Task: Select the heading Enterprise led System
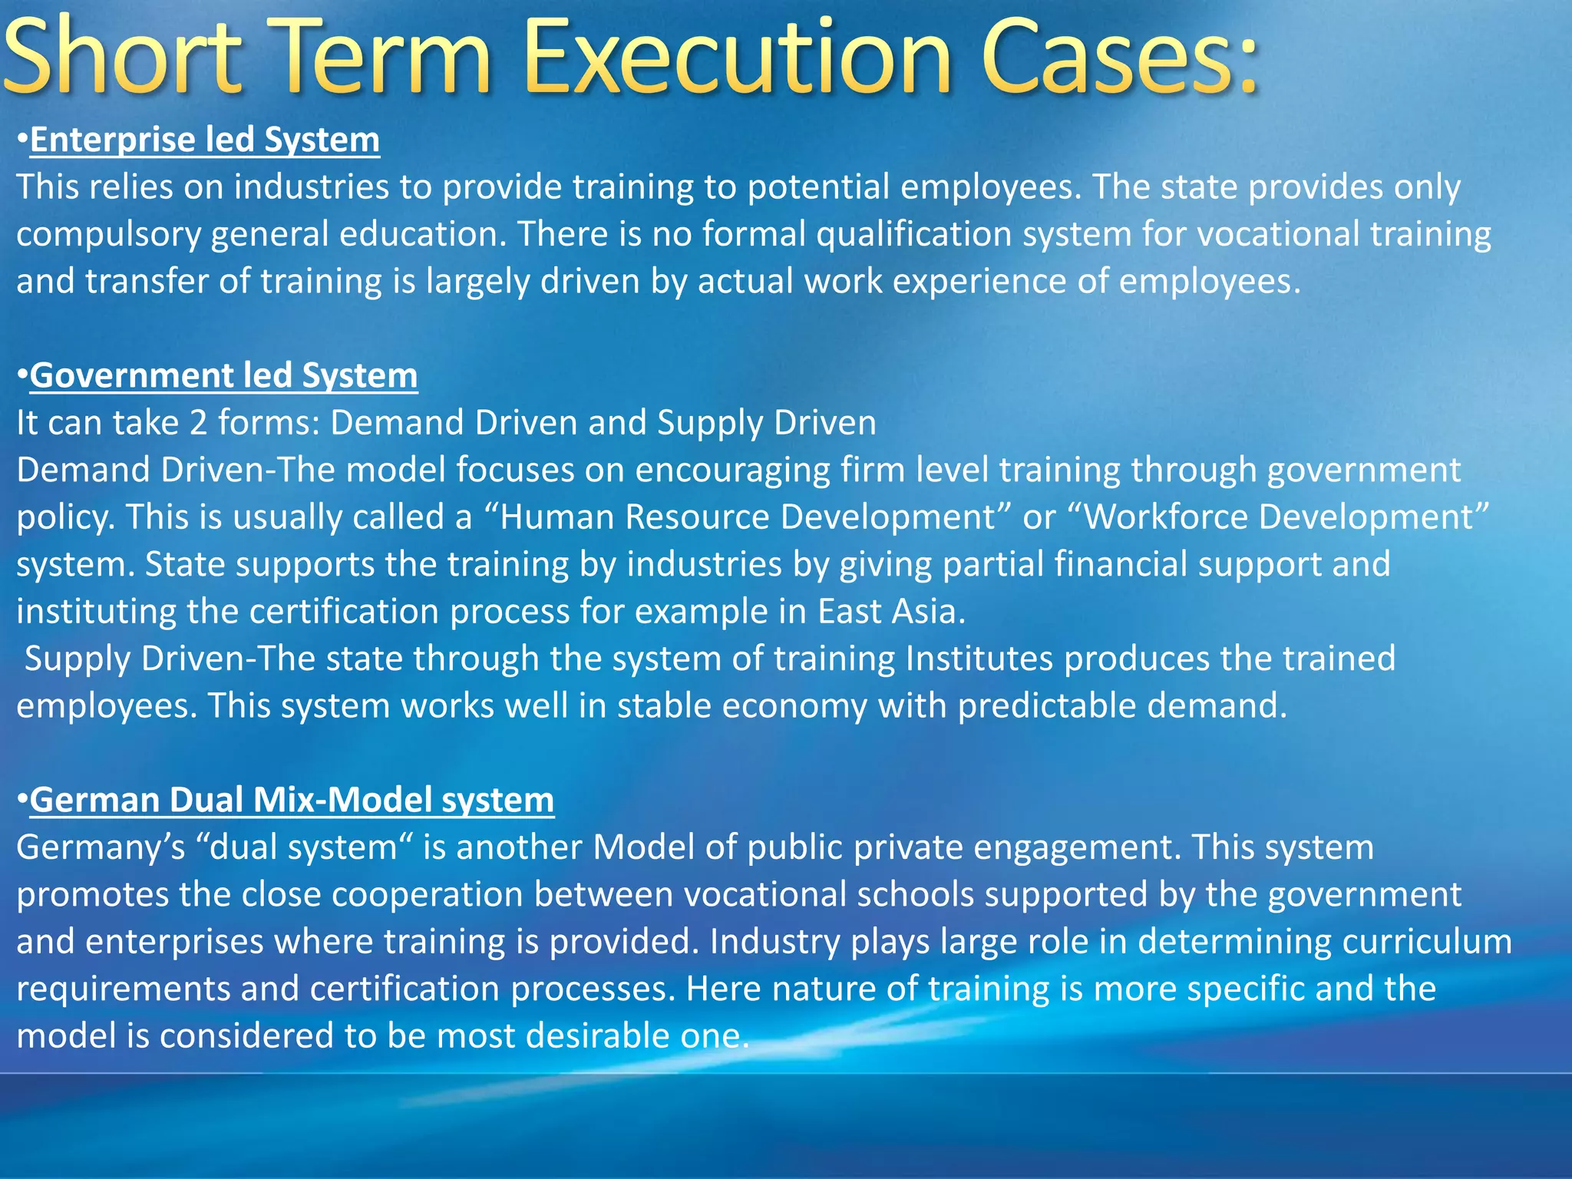coord(205,140)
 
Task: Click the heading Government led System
coord(223,376)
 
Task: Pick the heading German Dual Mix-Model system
coord(292,801)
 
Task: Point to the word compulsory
coord(107,235)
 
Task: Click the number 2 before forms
coord(198,423)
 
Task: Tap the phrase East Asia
coord(887,612)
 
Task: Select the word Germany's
coord(101,848)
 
